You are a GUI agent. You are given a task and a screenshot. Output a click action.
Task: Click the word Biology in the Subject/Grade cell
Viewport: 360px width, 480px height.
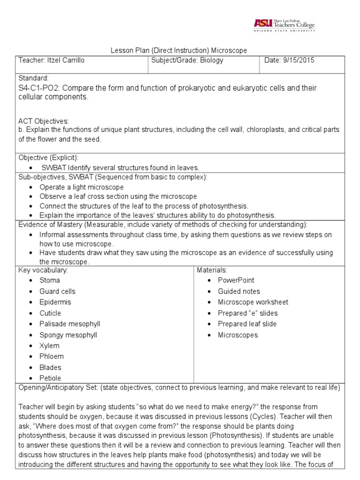click(210, 60)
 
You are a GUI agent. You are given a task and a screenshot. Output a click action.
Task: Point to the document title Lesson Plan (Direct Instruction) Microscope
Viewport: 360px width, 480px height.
click(178, 50)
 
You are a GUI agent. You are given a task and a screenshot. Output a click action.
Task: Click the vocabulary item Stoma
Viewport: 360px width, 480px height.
click(50, 280)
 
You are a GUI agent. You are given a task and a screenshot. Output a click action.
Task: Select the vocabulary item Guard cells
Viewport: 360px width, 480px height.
click(57, 291)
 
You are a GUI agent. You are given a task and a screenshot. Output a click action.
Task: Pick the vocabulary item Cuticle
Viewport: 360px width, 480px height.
click(50, 313)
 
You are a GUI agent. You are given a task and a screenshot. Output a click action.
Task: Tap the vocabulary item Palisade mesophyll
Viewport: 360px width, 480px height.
click(70, 324)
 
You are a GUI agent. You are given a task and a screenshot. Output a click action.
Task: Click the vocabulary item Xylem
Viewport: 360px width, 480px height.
click(49, 346)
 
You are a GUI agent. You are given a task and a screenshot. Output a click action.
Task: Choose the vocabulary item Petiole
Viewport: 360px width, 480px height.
click(50, 378)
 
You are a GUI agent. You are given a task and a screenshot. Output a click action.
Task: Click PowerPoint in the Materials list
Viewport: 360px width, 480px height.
click(236, 280)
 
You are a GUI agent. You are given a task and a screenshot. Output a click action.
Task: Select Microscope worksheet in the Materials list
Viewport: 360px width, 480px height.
click(253, 302)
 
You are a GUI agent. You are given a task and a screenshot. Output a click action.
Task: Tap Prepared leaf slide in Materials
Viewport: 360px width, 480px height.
click(247, 324)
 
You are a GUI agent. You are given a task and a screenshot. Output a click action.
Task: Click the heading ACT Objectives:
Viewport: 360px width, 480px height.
click(43, 121)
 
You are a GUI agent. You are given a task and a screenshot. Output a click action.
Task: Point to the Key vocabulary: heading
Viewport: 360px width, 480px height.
click(43, 270)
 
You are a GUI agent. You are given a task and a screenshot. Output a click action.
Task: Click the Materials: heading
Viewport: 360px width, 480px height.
click(212, 270)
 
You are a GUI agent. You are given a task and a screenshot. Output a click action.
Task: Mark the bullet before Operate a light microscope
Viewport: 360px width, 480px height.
click(30, 187)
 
